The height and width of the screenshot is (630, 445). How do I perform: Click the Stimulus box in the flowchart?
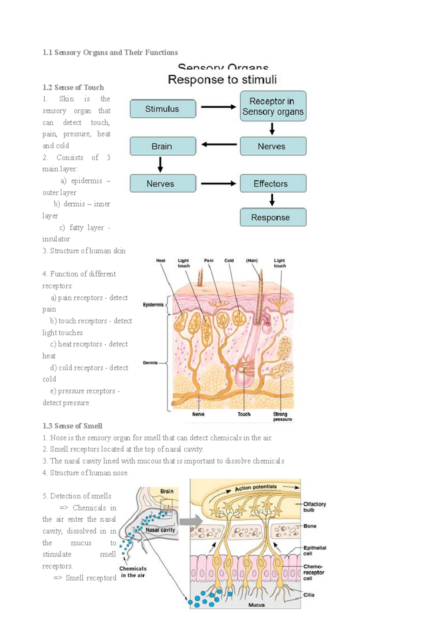[x=162, y=109]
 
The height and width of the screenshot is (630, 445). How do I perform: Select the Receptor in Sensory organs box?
[x=273, y=106]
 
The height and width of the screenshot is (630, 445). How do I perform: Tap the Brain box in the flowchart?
[x=162, y=146]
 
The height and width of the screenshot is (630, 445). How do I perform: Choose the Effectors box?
[x=273, y=184]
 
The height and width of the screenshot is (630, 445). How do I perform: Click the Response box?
[x=273, y=217]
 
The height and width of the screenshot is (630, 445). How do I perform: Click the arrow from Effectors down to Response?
[x=272, y=200]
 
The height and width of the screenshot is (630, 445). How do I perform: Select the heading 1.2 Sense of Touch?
[x=73, y=88]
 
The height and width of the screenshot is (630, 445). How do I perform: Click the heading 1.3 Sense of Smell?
[x=72, y=426]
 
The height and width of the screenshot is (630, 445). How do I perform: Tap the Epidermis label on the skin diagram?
[x=153, y=305]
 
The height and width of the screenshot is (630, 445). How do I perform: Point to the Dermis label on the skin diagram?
[x=150, y=362]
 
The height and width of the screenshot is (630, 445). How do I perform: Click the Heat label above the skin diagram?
[x=161, y=260]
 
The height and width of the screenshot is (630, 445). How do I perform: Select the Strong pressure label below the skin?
[x=282, y=417]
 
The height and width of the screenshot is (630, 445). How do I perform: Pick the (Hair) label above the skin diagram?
[x=252, y=260]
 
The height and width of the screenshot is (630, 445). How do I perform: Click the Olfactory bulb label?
[x=314, y=507]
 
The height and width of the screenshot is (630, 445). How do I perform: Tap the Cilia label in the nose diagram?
[x=309, y=595]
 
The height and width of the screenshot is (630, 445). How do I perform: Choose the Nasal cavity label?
[x=160, y=530]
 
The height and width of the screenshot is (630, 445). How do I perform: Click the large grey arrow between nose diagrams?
[x=193, y=521]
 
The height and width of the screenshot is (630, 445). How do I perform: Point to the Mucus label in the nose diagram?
[x=257, y=605]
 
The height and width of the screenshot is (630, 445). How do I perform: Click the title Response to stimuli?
[x=222, y=80]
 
